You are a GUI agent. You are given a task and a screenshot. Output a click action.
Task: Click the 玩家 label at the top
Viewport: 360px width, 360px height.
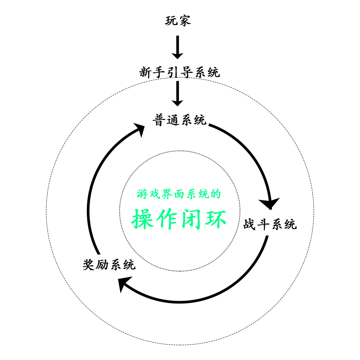click(178, 20)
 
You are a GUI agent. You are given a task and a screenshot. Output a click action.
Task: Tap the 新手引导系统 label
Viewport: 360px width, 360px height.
click(179, 72)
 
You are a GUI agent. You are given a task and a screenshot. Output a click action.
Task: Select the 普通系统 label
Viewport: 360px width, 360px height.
click(179, 120)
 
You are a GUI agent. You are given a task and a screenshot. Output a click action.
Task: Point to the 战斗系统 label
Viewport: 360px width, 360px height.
click(270, 224)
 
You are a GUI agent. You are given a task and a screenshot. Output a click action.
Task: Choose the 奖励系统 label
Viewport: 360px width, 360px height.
click(109, 264)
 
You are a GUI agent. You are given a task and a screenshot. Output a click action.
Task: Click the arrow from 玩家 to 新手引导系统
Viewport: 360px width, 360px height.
click(177, 47)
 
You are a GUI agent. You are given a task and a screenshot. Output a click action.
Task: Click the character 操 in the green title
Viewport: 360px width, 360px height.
click(144, 219)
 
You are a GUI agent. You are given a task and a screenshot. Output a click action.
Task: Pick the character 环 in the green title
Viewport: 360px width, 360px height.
click(215, 219)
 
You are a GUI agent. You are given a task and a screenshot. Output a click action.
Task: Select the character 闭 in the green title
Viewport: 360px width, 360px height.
click(192, 219)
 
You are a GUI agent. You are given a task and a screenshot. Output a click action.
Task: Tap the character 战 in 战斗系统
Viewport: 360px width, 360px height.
click(250, 224)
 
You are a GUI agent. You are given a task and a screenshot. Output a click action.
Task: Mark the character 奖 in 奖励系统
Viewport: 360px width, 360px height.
click(88, 264)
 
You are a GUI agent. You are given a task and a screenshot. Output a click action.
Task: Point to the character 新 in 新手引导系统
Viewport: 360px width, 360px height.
click(145, 72)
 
